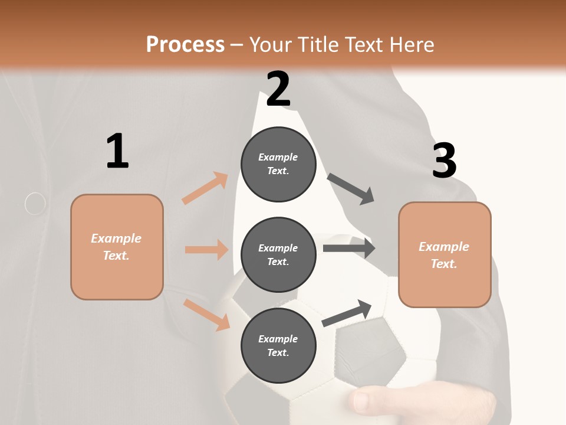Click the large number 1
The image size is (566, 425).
pos(117,152)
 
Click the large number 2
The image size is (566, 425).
pos(278,89)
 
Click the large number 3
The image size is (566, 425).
pos(444,161)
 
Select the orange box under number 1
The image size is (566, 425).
pos(117,247)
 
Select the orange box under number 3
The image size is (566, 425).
pos(445,254)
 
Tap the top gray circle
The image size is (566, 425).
pos(278,164)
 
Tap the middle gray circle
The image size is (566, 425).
pos(278,254)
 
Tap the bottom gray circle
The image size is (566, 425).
pos(278,345)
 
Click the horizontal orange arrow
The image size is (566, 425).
pos(206,250)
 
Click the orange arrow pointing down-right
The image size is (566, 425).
pos(207,315)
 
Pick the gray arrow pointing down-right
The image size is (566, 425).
pos(351,189)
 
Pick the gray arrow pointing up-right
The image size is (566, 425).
pos(347,313)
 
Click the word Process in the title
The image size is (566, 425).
pos(185,44)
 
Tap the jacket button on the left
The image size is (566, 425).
pos(35,204)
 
